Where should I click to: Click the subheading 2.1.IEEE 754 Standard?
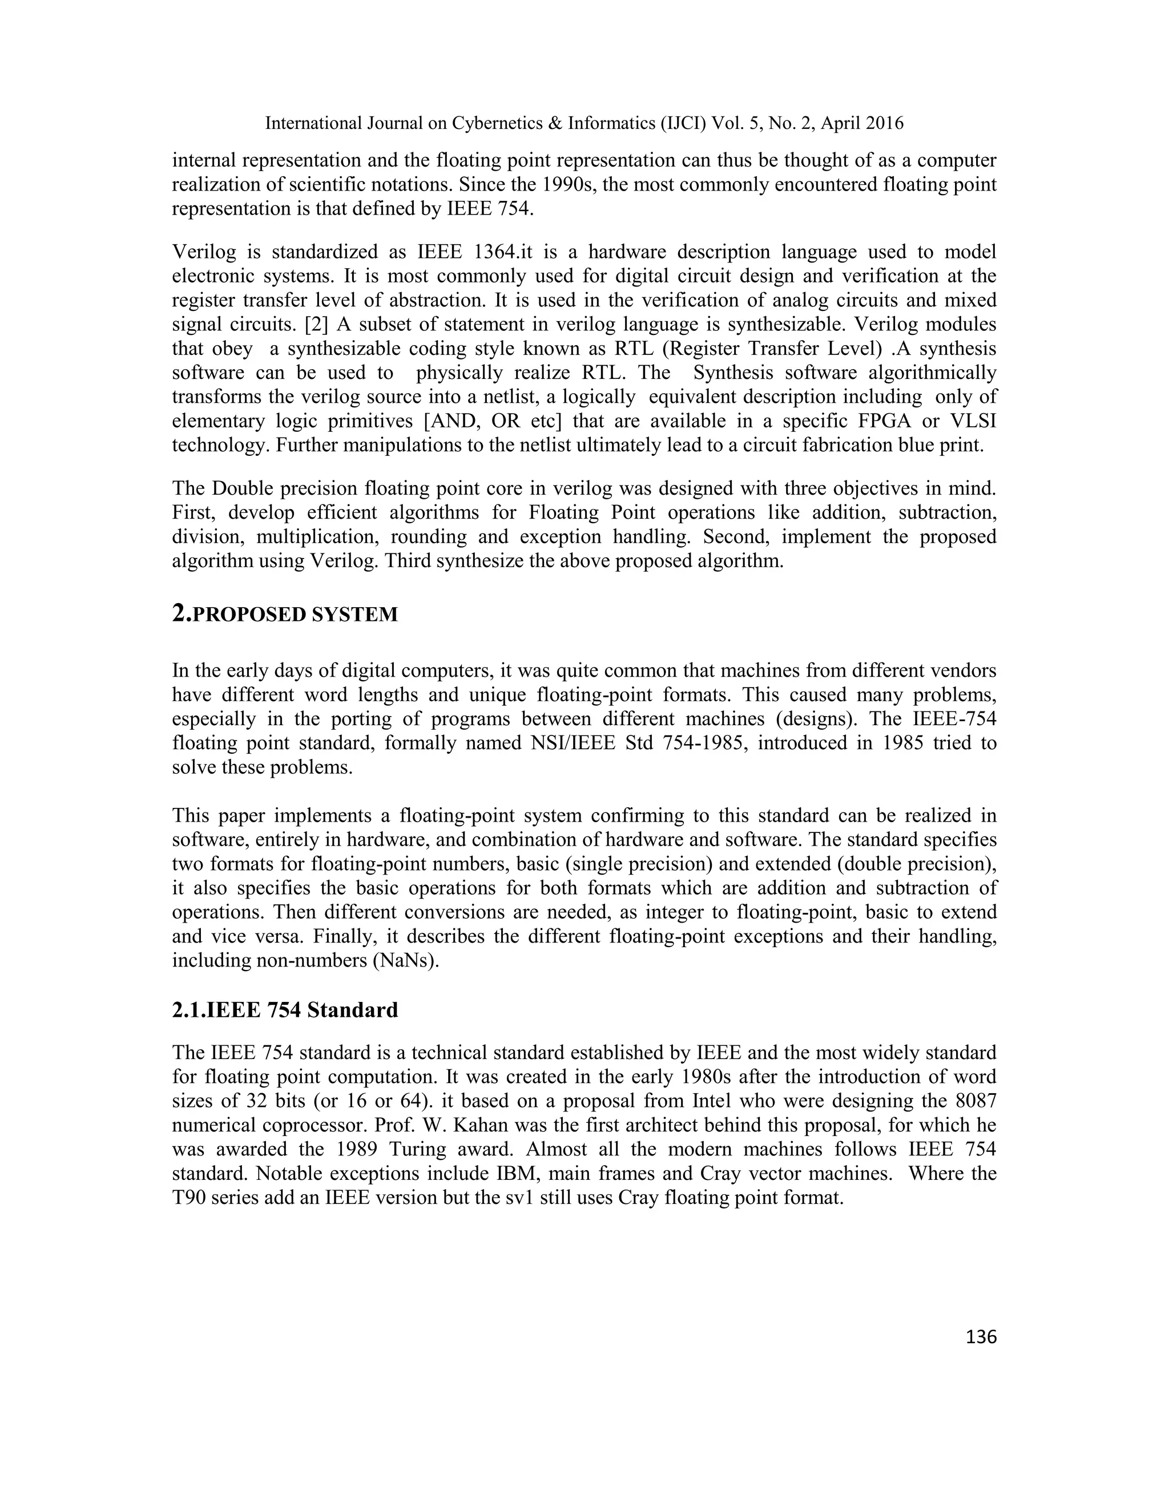pyautogui.click(x=285, y=1010)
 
